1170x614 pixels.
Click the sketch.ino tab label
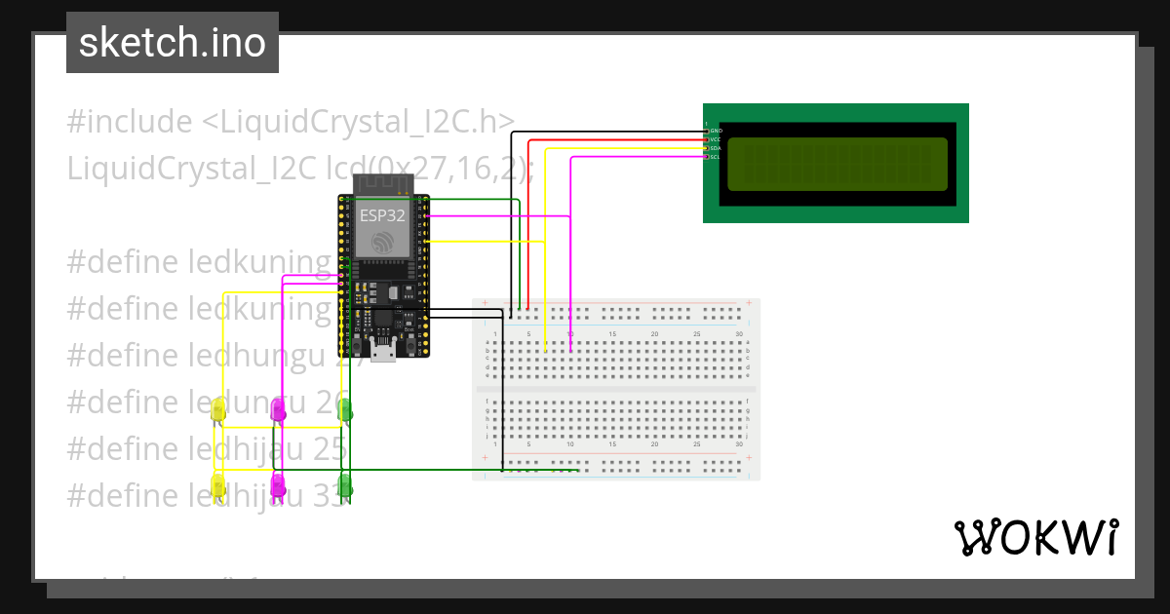point(173,43)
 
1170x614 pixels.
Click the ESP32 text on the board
point(382,215)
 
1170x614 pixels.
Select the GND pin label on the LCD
point(715,131)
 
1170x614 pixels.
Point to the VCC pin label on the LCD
point(715,139)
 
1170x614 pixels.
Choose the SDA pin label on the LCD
point(715,148)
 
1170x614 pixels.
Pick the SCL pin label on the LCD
point(715,157)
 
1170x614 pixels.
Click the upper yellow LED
point(218,411)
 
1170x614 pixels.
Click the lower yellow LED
point(218,484)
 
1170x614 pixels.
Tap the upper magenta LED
point(279,411)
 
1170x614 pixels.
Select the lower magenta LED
point(279,484)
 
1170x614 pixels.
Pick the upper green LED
point(345,411)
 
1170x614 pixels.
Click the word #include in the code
point(130,123)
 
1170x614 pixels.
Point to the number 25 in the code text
point(331,448)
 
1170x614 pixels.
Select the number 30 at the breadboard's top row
point(739,334)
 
